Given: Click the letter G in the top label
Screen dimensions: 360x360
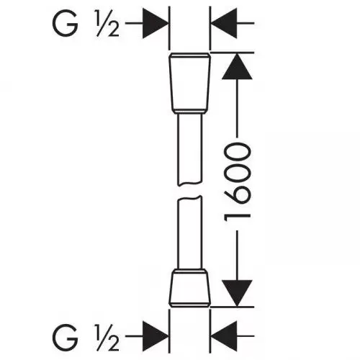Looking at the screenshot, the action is [x=65, y=24].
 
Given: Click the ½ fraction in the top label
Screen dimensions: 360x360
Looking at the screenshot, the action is [x=108, y=24].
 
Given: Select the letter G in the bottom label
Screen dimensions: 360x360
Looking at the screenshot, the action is [x=65, y=337].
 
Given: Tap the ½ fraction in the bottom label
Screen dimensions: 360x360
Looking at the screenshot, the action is [x=108, y=337].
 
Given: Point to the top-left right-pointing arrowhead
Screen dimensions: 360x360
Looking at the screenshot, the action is [x=156, y=23].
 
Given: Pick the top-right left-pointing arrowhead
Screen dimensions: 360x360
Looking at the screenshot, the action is [x=224, y=23].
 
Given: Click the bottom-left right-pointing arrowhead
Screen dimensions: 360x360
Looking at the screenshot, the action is [x=156, y=336].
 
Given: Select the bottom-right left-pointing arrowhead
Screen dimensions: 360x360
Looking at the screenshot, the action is [x=224, y=336].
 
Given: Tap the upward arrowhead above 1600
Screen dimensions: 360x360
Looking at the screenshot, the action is [x=237, y=66].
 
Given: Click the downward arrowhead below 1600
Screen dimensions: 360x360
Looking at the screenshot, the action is [x=237, y=293].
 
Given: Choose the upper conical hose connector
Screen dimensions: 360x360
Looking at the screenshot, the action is [x=190, y=83].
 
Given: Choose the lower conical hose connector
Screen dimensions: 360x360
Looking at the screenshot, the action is [x=190, y=288].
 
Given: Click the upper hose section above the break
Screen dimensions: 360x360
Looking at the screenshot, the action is [x=190, y=149].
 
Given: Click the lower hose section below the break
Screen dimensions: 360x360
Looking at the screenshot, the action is [x=190, y=233].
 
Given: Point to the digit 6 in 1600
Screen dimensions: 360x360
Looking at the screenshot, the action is [x=238, y=194].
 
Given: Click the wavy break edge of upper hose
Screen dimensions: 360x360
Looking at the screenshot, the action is [x=190, y=184].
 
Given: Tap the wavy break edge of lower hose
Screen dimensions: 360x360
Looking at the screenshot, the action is [x=190, y=198].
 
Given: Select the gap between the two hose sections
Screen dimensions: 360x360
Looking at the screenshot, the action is [x=190, y=191].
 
